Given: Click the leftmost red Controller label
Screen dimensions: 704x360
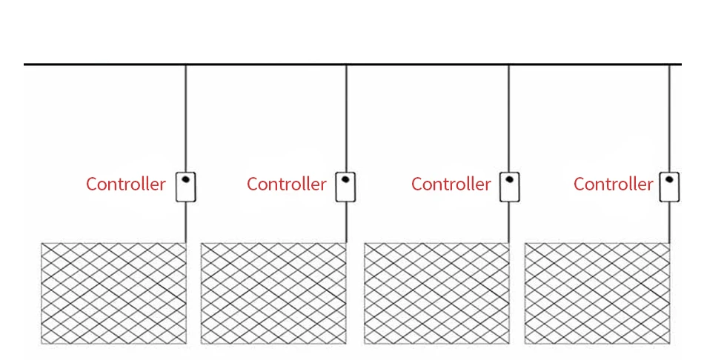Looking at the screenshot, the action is (125, 184).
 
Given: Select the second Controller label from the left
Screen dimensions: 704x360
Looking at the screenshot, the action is (286, 184).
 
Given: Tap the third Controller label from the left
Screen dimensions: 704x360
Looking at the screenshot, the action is (451, 184).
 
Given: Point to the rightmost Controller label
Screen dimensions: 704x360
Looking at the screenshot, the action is (613, 184).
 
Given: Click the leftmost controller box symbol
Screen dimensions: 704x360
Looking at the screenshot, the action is (185, 187).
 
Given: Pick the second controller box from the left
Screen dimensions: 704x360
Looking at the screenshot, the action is (346, 187).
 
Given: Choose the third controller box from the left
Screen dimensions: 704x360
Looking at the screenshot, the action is (509, 187).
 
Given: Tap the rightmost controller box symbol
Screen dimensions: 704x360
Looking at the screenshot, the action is (670, 187).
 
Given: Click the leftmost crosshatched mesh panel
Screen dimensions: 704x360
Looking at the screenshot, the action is (113, 293).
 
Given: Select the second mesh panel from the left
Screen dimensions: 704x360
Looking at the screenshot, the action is (273, 293).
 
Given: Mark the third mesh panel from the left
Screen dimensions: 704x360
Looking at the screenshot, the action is (436, 293).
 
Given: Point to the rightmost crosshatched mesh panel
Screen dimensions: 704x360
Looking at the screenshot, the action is (597, 293).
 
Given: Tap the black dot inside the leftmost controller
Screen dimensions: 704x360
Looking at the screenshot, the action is (185, 179).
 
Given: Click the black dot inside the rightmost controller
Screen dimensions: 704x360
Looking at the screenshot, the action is (669, 179).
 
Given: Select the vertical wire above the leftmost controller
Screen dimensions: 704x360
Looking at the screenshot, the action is (185, 119).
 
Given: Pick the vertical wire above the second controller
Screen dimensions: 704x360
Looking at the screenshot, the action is (346, 119).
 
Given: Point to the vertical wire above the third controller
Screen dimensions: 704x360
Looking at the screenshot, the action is (508, 119).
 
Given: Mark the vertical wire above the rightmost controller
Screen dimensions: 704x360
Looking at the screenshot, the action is (669, 119).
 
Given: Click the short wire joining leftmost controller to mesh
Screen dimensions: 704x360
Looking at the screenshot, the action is (185, 221).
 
